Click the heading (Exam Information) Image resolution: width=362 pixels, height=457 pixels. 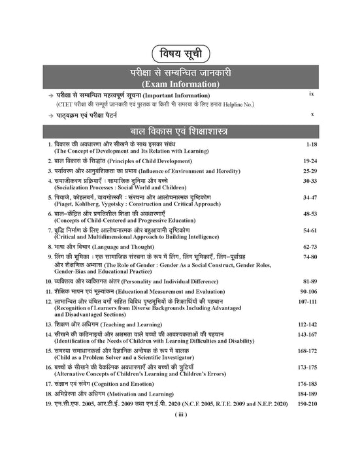click(x=180, y=84)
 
